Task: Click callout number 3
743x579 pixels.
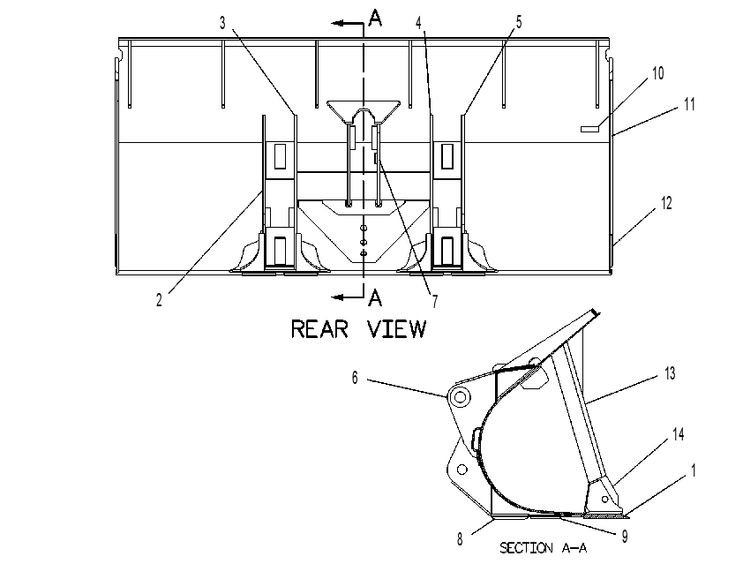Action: [x=222, y=23]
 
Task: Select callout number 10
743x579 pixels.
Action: [x=658, y=73]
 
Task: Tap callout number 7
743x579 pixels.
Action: [x=434, y=301]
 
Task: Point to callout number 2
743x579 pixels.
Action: [x=159, y=300]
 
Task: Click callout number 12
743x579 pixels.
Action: [x=666, y=203]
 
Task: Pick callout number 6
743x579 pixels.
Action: [x=355, y=378]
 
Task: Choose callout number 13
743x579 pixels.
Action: [x=670, y=374]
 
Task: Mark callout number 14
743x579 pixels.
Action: [x=679, y=434]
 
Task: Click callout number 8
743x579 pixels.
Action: [x=460, y=539]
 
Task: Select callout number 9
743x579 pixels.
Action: [x=625, y=537]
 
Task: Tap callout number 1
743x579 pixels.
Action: [x=694, y=471]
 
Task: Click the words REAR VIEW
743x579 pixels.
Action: [x=359, y=329]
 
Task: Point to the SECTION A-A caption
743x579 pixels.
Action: [x=543, y=548]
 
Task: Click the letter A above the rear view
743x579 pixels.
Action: [x=375, y=18]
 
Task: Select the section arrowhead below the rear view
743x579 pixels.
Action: [x=337, y=297]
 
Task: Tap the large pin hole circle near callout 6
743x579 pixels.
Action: [x=460, y=396]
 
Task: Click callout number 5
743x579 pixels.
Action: [x=518, y=22]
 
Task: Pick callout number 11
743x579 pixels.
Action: [x=689, y=104]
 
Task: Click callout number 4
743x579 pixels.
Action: [x=418, y=23]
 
